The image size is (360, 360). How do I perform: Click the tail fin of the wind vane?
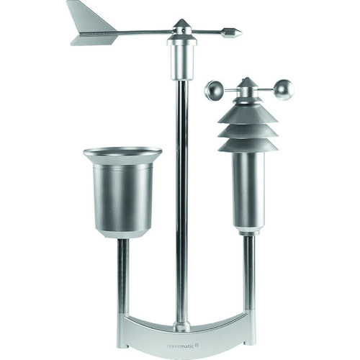point(92,27)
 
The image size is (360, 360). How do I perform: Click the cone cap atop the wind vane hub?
point(182,24)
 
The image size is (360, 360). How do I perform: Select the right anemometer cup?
point(284,89)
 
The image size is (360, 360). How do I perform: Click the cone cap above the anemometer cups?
point(247,84)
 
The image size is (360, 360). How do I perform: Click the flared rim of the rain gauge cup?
point(122,153)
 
